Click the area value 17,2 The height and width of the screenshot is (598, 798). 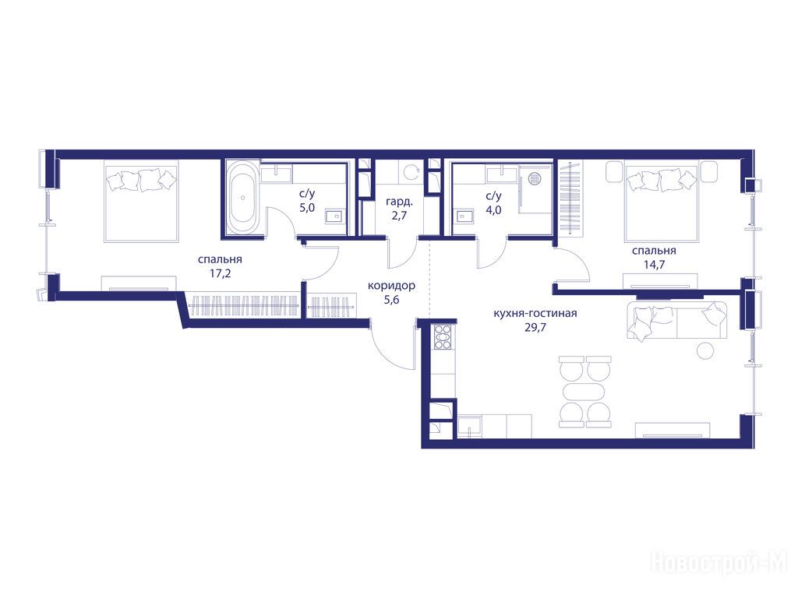[x=220, y=273]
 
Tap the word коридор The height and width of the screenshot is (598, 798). [x=391, y=286]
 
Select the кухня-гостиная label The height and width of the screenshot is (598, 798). [x=535, y=313]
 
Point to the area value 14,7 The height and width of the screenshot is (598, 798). [x=654, y=265]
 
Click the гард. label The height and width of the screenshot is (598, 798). [x=399, y=202]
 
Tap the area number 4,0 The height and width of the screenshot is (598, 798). [x=493, y=209]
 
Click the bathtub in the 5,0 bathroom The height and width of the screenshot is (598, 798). [x=242, y=198]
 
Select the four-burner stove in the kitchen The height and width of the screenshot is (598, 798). [x=443, y=336]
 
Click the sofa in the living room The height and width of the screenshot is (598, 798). [x=677, y=320]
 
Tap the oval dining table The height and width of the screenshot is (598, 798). [x=584, y=392]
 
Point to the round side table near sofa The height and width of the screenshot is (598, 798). [x=706, y=350]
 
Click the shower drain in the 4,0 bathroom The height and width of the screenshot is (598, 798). [x=535, y=178]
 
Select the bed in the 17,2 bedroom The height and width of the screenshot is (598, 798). [x=141, y=200]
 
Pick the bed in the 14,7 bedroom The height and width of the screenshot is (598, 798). [x=661, y=200]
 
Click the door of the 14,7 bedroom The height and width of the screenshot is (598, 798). [x=572, y=265]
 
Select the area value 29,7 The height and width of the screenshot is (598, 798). [x=535, y=327]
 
